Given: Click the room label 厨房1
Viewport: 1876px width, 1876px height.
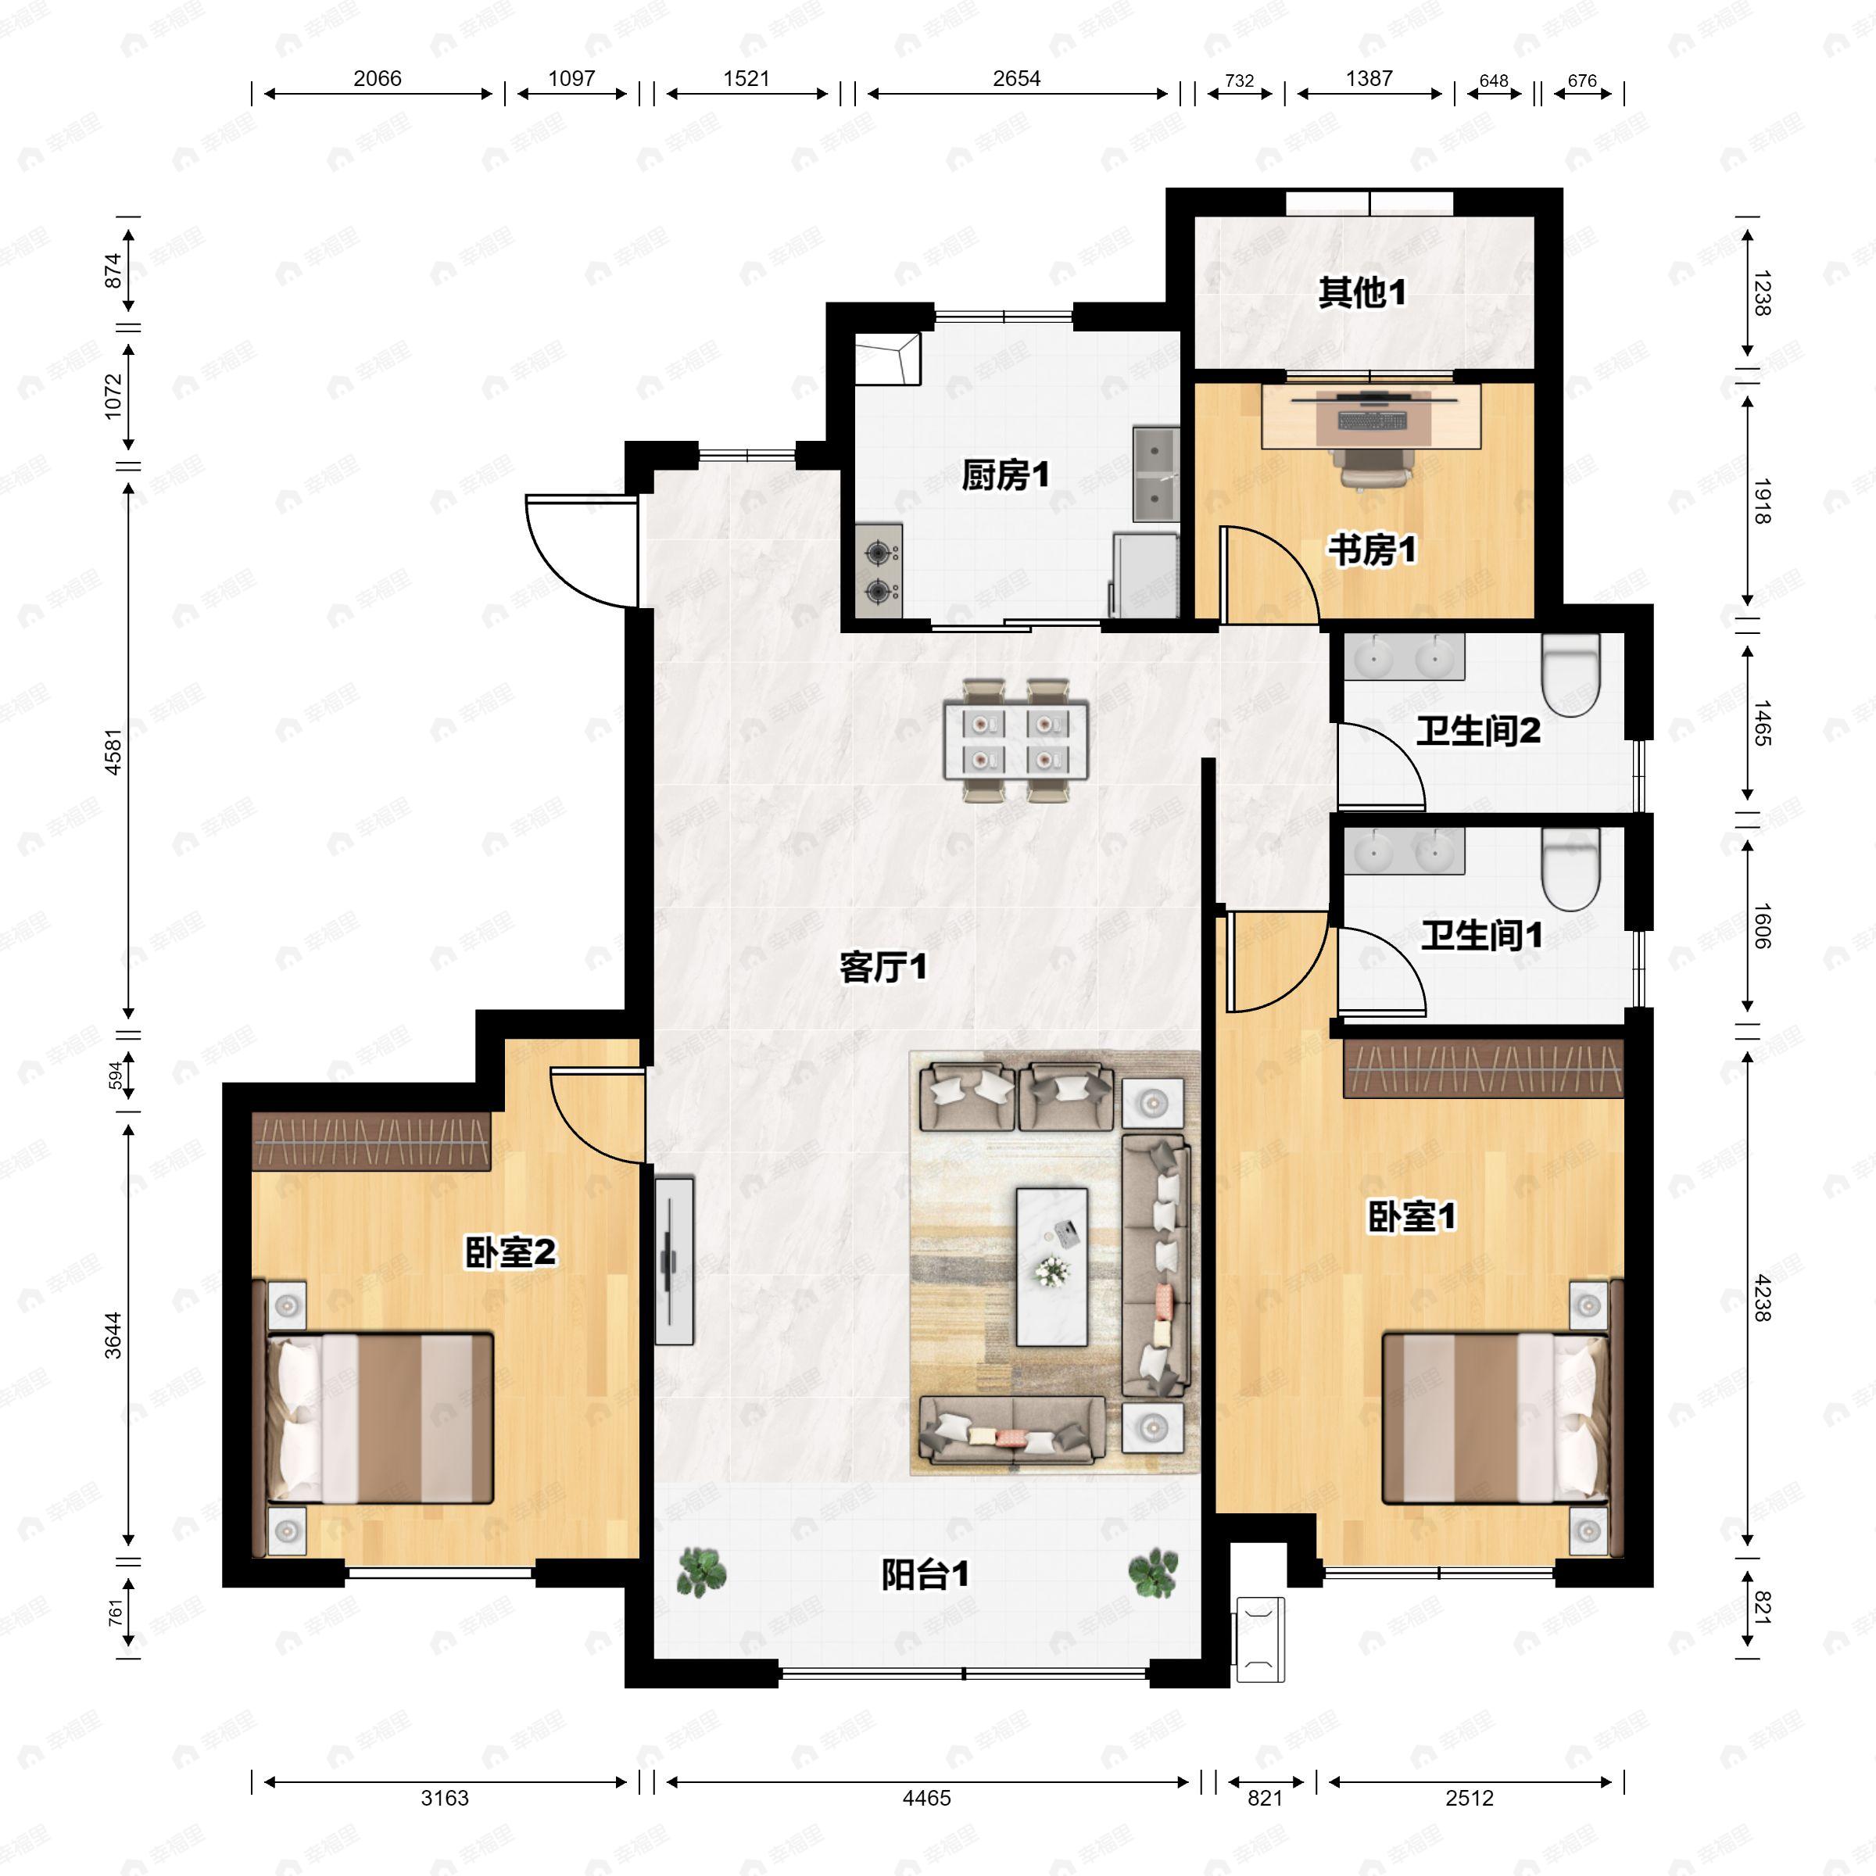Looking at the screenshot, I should point(1005,476).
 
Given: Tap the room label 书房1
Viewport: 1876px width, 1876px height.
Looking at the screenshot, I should point(1371,550).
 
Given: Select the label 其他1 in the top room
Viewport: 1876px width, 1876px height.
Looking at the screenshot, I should point(1362,292).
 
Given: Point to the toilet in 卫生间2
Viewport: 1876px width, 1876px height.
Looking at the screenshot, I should point(1570,674).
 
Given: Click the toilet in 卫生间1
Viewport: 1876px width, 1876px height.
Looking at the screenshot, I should point(1570,868).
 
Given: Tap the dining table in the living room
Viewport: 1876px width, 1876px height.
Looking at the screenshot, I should point(1015,740).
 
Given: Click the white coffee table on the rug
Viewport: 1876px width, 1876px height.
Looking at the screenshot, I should point(1051,1266).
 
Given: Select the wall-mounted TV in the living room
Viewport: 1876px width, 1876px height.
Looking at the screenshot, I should point(673,1260).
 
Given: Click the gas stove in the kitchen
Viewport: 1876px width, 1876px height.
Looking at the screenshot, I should point(879,571).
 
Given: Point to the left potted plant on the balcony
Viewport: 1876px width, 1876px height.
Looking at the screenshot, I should point(700,1571).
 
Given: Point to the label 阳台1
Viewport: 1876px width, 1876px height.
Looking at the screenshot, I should point(925,1575).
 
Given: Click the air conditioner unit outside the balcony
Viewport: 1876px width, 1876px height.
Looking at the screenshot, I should point(1258,1639).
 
